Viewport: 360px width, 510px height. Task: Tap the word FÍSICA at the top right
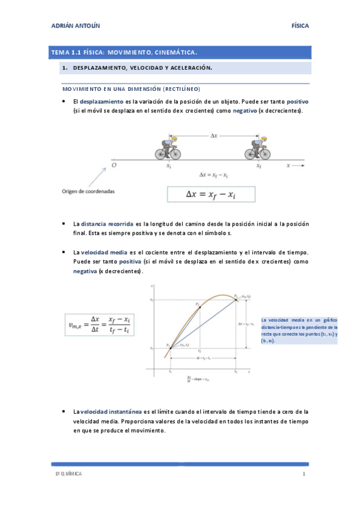(x=299, y=26)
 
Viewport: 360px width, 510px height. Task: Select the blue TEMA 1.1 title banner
(x=180, y=52)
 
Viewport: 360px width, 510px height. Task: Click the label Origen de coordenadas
(x=88, y=191)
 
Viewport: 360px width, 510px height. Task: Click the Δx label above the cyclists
(x=213, y=135)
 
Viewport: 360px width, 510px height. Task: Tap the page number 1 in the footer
(x=304, y=475)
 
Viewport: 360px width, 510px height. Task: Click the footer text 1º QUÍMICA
(x=67, y=475)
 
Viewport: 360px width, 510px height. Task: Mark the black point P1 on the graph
(x=170, y=347)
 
